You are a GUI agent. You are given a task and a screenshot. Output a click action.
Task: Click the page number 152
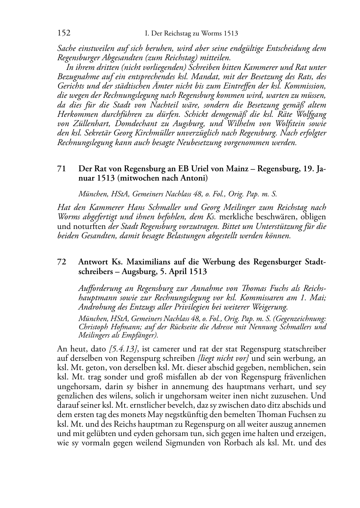[63, 34]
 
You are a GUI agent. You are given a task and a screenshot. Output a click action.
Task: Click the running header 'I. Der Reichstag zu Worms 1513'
[191, 34]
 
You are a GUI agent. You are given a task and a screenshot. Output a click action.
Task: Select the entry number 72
[61, 262]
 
